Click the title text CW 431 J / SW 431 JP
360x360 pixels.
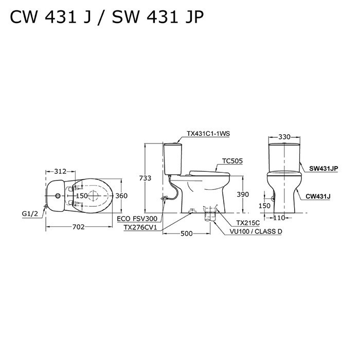[106, 19]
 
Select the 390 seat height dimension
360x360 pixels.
[242, 194]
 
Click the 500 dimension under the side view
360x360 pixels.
[186, 234]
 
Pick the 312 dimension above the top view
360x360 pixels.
[60, 171]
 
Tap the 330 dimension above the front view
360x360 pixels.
[284, 137]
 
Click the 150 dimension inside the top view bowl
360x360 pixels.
[82, 196]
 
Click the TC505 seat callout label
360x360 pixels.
[232, 161]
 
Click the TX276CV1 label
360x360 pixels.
[140, 227]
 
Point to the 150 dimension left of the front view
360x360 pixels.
[264, 206]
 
